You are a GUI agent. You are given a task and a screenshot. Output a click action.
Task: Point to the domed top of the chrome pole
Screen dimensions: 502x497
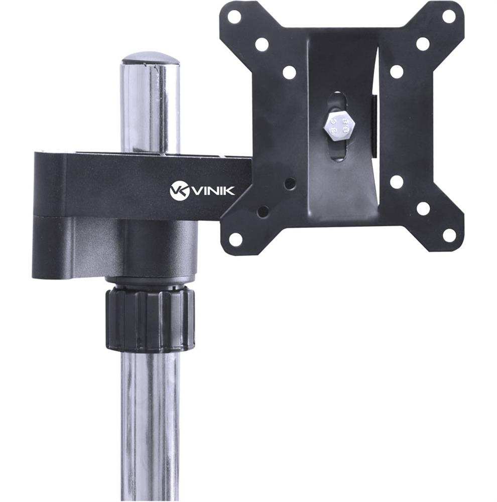pos(151,58)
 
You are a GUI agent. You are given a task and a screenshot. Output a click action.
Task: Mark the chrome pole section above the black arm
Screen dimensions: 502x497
pos(150,110)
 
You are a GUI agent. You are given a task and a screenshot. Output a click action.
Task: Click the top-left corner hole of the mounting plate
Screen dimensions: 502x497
pos(234,17)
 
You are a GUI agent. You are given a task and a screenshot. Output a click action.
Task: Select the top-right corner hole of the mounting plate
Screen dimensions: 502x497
pos(449,17)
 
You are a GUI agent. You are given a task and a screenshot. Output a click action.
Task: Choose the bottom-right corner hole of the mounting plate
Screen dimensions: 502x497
pos(449,234)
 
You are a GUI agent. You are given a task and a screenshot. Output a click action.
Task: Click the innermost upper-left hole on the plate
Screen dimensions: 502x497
pos(289,72)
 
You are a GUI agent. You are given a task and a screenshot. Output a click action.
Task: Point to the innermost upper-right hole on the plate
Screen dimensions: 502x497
pos(397,71)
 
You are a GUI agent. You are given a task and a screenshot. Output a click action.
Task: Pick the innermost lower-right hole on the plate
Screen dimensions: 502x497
pos(397,182)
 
